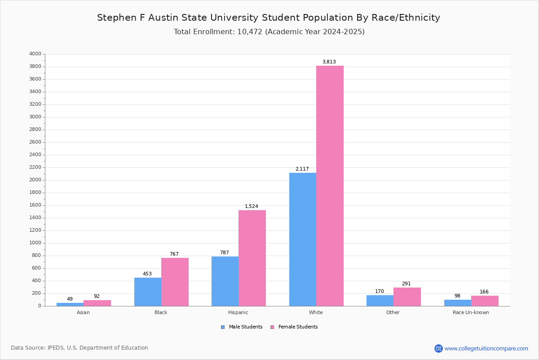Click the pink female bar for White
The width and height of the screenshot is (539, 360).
pyautogui.click(x=330, y=186)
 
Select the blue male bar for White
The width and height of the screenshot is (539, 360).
pyautogui.click(x=302, y=239)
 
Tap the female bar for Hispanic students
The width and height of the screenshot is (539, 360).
pyautogui.click(x=252, y=258)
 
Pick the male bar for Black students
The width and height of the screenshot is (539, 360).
pyautogui.click(x=147, y=292)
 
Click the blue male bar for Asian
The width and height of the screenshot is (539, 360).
pyautogui.click(x=70, y=304)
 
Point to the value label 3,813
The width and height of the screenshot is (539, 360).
pyautogui.click(x=329, y=62)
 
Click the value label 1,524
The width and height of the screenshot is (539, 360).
pyautogui.click(x=251, y=207)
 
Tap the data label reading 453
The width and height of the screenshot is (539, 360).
pyautogui.click(x=147, y=274)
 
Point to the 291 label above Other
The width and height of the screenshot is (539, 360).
pyautogui.click(x=406, y=284)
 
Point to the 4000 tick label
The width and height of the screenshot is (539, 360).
pyautogui.click(x=35, y=54)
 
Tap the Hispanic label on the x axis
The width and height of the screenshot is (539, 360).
pyautogui.click(x=238, y=312)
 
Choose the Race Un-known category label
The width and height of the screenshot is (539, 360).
pyautogui.click(x=471, y=312)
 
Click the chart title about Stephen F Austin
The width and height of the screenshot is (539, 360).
pyautogui.click(x=269, y=18)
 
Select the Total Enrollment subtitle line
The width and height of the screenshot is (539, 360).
pyautogui.click(x=269, y=32)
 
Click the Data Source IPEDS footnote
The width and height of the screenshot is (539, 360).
pyautogui.click(x=80, y=348)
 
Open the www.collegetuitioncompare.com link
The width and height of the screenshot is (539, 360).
pyautogui.click(x=486, y=348)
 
